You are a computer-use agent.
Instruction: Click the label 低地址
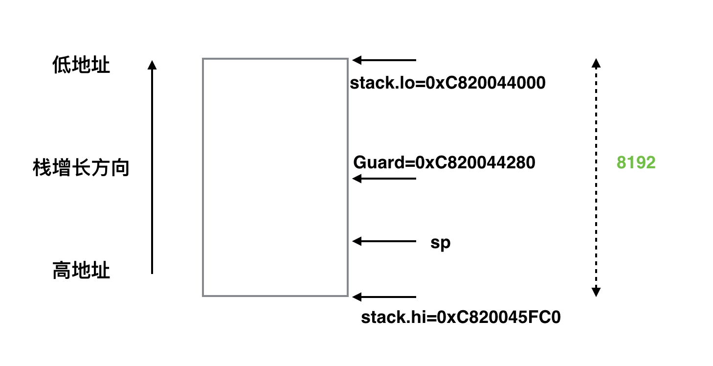point(81,66)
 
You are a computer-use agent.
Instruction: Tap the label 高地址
point(81,271)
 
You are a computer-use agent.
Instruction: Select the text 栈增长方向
point(81,167)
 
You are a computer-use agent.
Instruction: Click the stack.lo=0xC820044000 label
point(447,83)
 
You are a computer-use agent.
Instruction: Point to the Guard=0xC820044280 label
point(444,162)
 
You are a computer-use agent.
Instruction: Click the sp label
point(440,243)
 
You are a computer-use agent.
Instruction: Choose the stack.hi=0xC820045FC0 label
point(461,318)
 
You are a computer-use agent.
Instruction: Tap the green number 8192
point(636,162)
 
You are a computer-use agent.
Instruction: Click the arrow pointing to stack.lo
point(384,60)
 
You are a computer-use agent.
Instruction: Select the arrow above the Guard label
point(384,179)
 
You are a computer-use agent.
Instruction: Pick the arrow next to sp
point(384,241)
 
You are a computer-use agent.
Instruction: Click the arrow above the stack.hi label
point(384,297)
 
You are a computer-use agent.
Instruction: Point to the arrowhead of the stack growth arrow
point(152,65)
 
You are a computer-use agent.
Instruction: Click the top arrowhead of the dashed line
point(596,63)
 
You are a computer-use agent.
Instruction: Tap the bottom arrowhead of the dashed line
point(596,293)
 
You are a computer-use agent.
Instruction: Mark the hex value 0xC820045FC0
point(498,318)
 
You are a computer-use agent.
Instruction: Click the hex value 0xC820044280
point(474,162)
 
